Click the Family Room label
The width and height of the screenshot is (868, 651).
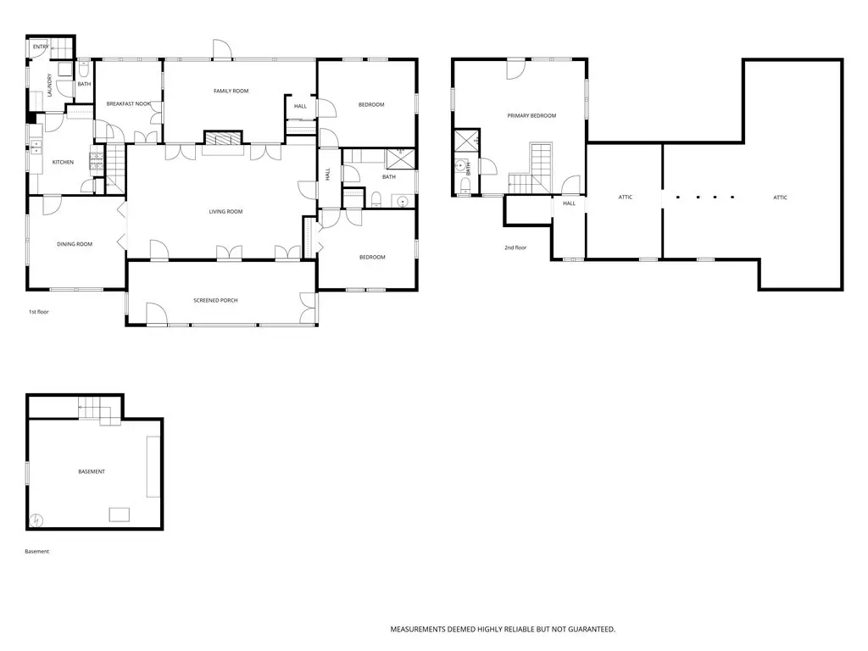[x=231, y=91]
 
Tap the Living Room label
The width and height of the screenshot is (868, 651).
[x=225, y=211]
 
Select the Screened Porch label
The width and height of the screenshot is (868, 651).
[x=215, y=300]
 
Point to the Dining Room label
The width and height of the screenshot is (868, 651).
[x=75, y=244]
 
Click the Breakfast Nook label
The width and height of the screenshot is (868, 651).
[x=129, y=103]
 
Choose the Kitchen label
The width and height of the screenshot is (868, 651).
[x=63, y=162]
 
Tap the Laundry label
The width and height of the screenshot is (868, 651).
[x=49, y=86]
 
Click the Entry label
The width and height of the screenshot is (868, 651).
[x=41, y=47]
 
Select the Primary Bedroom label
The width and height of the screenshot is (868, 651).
[x=531, y=115]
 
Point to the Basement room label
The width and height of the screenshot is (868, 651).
[x=92, y=471]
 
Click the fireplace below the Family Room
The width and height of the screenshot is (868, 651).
[x=223, y=138]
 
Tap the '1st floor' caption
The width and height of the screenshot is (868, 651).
[x=39, y=312]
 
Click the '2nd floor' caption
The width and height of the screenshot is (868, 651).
[x=515, y=248]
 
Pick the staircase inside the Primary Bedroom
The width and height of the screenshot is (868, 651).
[x=531, y=169]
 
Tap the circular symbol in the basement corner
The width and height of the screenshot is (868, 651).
[x=36, y=520]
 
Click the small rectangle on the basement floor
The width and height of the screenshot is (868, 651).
[x=119, y=515]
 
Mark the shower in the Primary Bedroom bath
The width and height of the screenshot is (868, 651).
[x=467, y=140]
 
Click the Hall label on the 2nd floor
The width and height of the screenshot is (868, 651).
[x=569, y=203]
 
